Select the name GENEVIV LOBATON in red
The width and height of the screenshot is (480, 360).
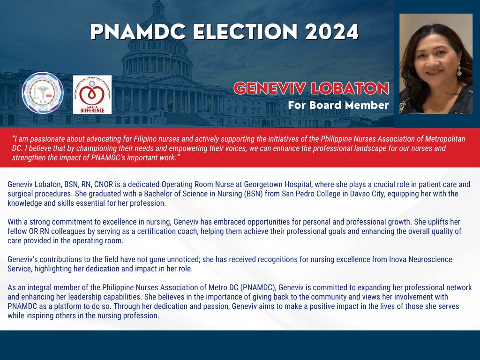pos(311,88)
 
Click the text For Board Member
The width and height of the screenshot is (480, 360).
pos(338,105)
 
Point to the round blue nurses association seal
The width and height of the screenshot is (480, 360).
pos(43,93)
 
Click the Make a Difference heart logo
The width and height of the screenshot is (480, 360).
pos(92,94)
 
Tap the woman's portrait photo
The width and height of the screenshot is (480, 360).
pos(435,63)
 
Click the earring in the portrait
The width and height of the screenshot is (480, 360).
pos(459,71)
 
